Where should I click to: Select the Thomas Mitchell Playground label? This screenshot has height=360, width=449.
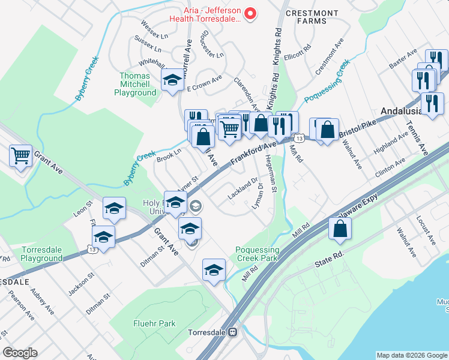[135, 85]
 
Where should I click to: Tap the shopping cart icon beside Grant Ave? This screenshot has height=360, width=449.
[20, 157]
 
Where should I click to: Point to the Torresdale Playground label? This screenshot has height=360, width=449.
[42, 254]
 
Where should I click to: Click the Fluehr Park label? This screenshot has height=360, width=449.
[155, 323]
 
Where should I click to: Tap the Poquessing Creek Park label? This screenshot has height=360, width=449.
[257, 254]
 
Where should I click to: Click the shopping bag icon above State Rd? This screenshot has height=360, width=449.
[340, 229]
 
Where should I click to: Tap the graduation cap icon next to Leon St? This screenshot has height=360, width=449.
[114, 208]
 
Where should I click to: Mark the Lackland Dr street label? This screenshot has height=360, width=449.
[243, 188]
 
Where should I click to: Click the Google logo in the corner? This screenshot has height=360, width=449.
[20, 353]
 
